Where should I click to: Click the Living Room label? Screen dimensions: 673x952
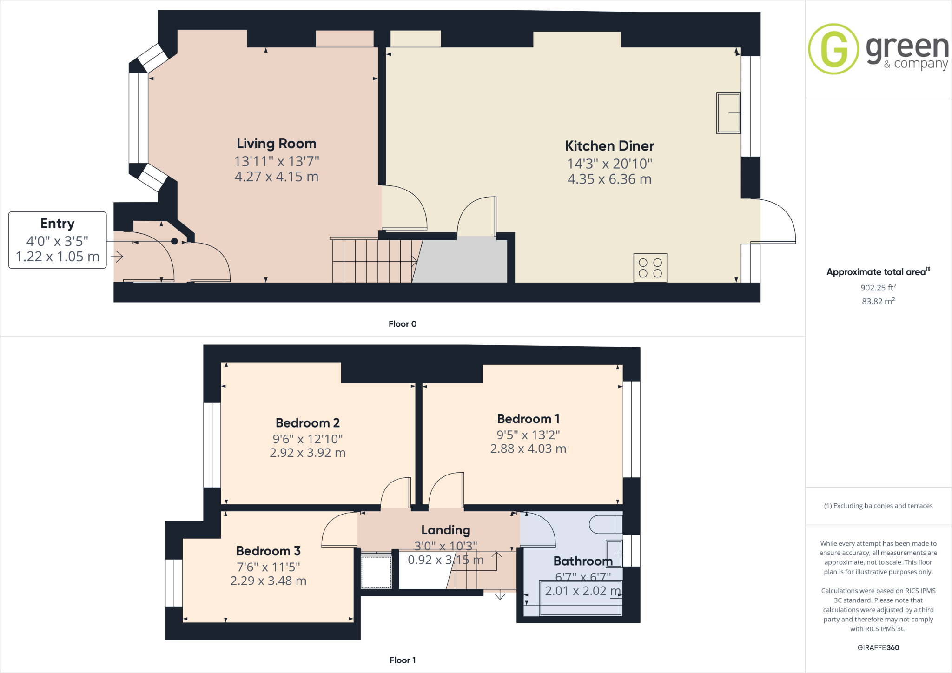[x=276, y=144]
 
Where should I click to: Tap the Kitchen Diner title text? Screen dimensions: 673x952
[x=609, y=146]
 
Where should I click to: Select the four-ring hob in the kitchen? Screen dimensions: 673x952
[x=650, y=268]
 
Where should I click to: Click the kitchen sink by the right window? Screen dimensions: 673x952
[x=728, y=113]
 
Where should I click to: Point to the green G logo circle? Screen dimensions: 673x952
[x=833, y=49]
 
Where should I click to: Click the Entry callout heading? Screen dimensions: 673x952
[x=57, y=224]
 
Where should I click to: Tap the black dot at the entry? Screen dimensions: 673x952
[x=174, y=241]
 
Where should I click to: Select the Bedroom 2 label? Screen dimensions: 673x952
[x=307, y=423]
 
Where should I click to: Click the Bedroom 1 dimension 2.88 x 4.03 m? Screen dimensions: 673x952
[x=528, y=449]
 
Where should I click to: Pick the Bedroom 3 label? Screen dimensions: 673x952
[x=268, y=551]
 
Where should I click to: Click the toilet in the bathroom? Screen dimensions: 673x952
[x=604, y=525]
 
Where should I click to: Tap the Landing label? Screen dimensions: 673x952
[x=445, y=530]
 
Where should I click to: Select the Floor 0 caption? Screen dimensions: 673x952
[x=402, y=324]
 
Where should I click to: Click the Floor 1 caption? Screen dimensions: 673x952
[x=403, y=660]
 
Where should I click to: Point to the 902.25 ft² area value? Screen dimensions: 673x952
[x=878, y=288]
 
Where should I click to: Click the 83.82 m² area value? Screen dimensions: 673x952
[x=878, y=301]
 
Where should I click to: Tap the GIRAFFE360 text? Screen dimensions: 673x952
[x=878, y=647]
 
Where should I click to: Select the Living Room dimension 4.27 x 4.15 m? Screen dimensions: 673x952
[x=276, y=177]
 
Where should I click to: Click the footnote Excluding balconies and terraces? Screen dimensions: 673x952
[x=878, y=506]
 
